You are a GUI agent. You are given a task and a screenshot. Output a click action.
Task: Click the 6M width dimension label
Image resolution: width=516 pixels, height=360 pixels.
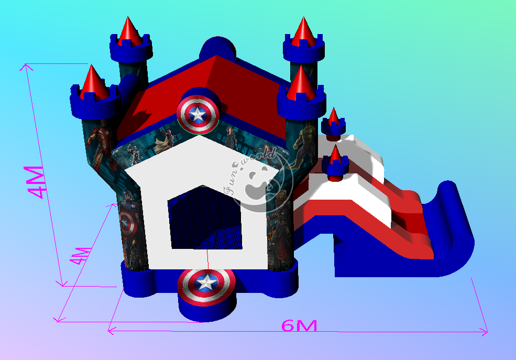pyautogui.click(x=299, y=325)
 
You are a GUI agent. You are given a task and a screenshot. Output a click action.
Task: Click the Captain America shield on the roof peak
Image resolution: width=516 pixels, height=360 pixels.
pyautogui.click(x=197, y=114)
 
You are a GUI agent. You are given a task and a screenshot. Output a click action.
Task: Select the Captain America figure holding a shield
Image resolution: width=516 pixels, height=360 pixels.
pyautogui.click(x=129, y=215)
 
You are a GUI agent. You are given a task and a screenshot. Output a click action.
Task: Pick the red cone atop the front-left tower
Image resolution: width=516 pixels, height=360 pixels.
pyautogui.click(x=94, y=82)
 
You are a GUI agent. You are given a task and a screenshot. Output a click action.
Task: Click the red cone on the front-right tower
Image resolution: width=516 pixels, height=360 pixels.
pyautogui.click(x=301, y=82)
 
